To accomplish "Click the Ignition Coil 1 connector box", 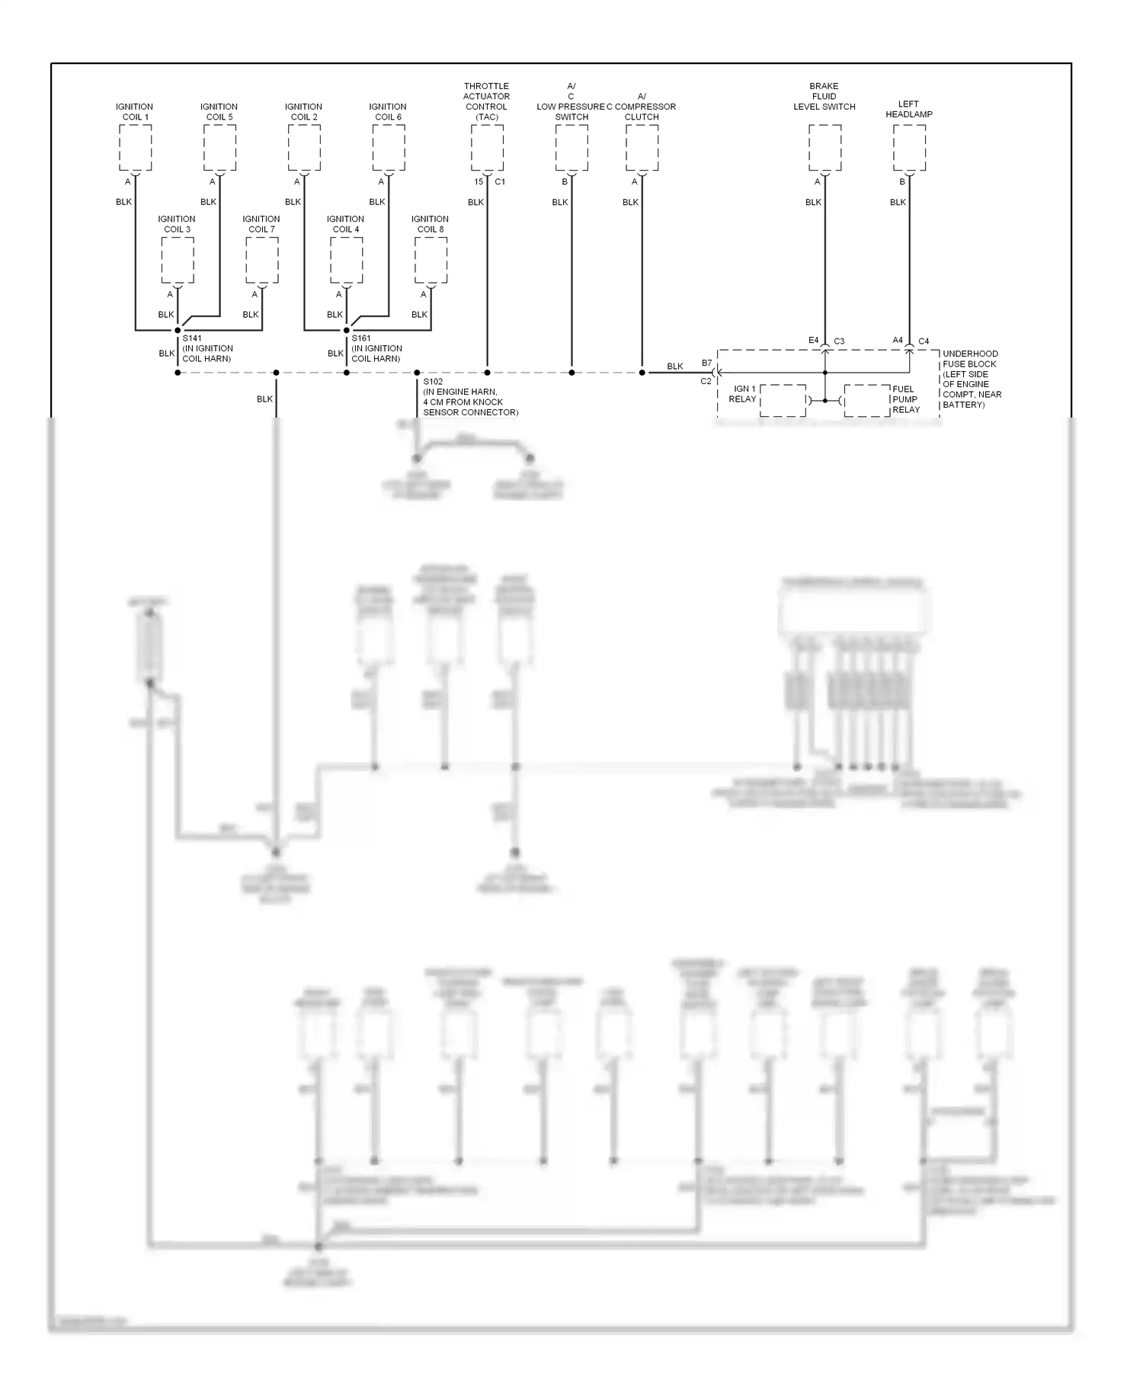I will (136, 148).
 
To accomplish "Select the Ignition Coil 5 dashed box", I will (219, 148).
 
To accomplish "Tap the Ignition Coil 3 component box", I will (178, 260).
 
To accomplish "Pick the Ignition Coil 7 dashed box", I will (262, 260).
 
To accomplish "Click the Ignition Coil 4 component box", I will (346, 260).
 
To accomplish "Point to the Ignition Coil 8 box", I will (431, 260).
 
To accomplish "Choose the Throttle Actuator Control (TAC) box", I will (487, 148).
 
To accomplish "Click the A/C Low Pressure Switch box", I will (571, 148).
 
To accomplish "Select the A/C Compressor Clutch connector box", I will (642, 148).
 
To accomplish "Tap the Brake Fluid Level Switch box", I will (824, 148).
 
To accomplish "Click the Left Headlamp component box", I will (909, 148).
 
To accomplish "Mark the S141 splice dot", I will (178, 331).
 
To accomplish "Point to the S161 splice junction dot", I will (347, 331).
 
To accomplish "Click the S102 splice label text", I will (433, 382).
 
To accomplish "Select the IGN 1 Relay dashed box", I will (783, 400).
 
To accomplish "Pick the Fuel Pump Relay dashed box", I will (867, 400).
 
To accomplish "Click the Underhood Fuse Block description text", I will (972, 379).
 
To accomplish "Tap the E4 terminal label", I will (813, 341).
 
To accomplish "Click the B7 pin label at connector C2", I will (706, 363).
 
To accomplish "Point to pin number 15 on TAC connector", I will (479, 182).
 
